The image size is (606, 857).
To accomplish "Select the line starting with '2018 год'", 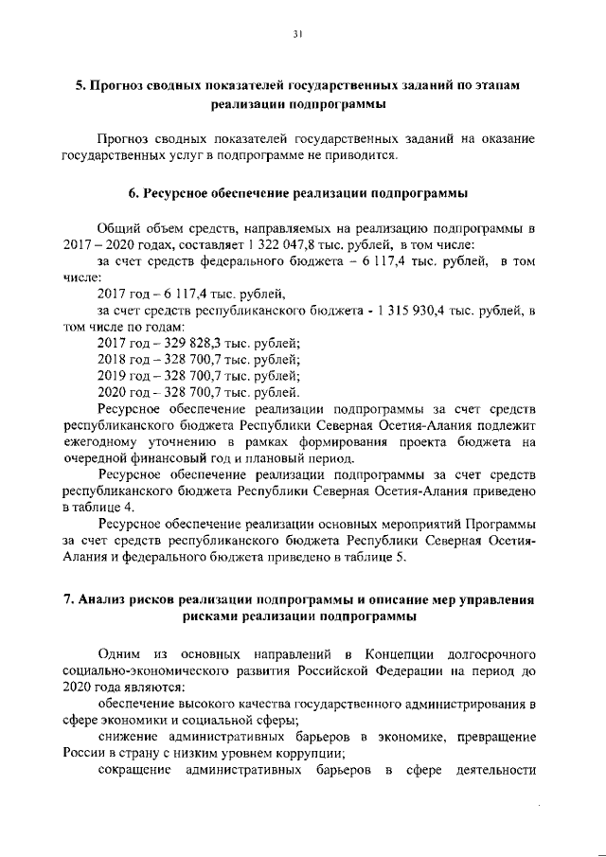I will coord(200,359).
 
